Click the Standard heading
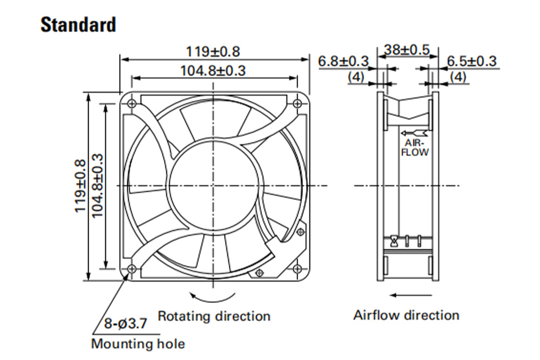point(78,25)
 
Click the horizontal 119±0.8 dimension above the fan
point(213,52)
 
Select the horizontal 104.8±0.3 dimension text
point(213,71)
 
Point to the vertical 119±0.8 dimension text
point(79,186)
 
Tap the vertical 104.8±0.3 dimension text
point(97,186)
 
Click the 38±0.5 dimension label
point(407,50)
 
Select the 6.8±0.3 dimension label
point(343,62)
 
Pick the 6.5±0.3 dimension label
point(472,62)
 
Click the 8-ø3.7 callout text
point(126,323)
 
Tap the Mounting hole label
point(138,343)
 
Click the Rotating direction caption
point(214,316)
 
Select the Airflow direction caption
point(407,315)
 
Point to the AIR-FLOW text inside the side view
point(415,148)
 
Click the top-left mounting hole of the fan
point(131,103)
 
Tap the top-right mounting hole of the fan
point(297,103)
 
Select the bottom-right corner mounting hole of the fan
point(297,269)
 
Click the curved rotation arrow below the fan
point(213,298)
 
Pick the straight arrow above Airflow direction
point(410,295)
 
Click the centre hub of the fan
point(214,186)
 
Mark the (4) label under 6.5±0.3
point(458,77)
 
